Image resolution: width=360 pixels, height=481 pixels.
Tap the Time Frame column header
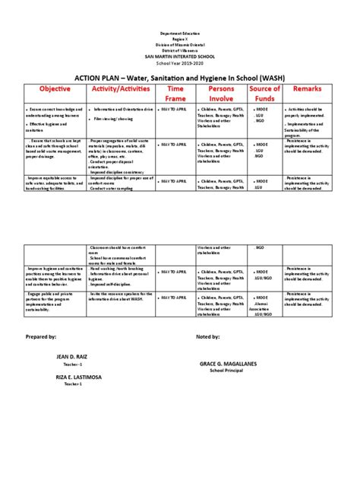coord(175,94)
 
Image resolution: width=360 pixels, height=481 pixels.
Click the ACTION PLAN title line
coord(179,77)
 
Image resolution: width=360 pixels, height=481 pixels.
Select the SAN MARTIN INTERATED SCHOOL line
coord(179,58)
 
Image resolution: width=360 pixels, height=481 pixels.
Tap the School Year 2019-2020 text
coord(179,64)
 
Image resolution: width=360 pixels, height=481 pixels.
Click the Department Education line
coord(179,36)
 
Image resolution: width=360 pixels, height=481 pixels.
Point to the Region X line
coord(179,41)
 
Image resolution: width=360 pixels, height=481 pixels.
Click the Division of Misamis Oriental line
coord(179,47)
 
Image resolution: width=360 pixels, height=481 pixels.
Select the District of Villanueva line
coord(179,53)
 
